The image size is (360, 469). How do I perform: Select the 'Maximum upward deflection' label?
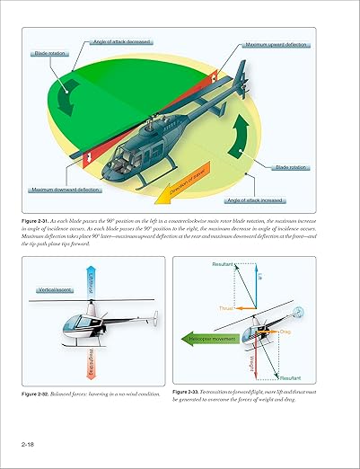pyautogui.click(x=277, y=45)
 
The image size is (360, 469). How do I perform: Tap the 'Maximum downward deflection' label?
pyautogui.click(x=65, y=190)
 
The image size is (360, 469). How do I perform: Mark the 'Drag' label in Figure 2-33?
pyautogui.click(x=286, y=332)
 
